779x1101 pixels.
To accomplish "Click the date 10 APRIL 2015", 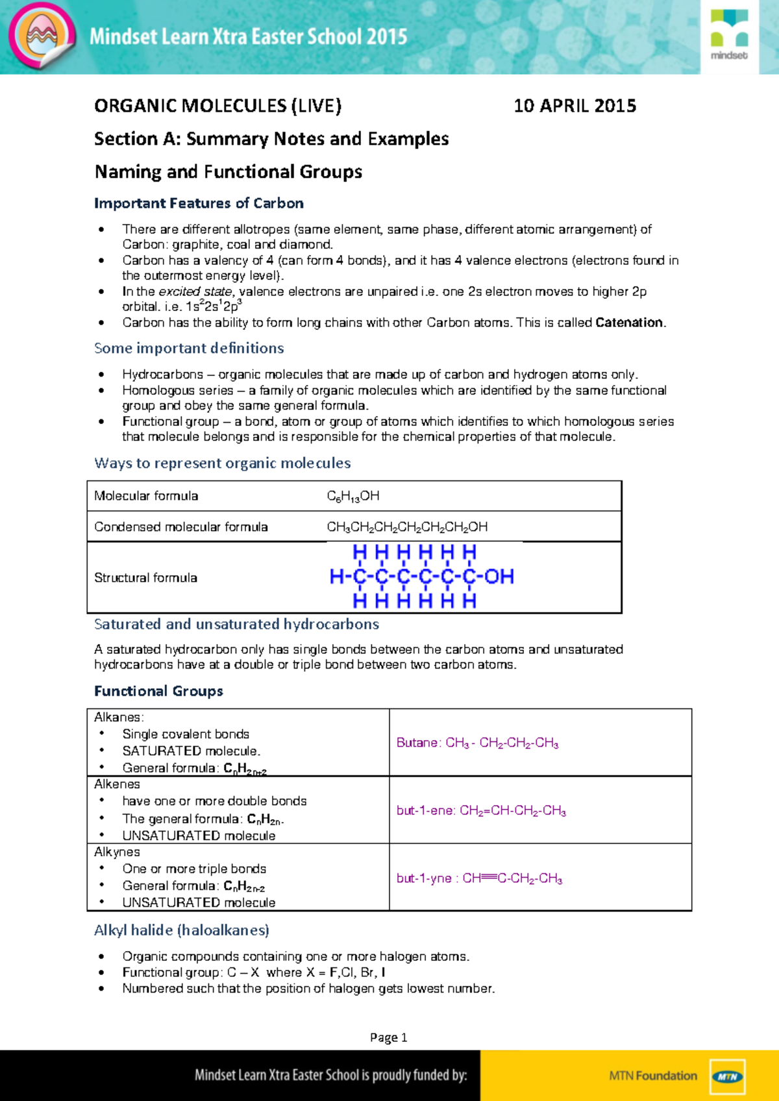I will point(575,106).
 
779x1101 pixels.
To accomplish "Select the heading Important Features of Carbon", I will point(199,203).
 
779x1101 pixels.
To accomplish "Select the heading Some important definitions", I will point(189,348).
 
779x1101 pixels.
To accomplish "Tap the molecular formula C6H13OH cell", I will point(353,496).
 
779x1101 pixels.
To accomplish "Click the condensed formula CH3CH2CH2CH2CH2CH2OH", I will point(407,527).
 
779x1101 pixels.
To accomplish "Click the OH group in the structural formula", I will point(499,576).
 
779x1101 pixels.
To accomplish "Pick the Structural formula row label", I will point(145,578).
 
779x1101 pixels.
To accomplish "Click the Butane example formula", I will point(478,743).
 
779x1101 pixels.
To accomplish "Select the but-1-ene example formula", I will point(481,811).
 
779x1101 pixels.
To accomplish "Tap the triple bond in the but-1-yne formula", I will point(489,878).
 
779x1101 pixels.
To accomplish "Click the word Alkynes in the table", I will point(117,852).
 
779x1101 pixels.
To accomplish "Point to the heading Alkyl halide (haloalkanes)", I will point(182,930).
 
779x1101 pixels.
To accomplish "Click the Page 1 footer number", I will point(388,1037).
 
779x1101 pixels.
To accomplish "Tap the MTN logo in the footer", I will point(727,1076).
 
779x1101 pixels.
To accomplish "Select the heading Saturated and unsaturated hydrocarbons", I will point(236,624).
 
